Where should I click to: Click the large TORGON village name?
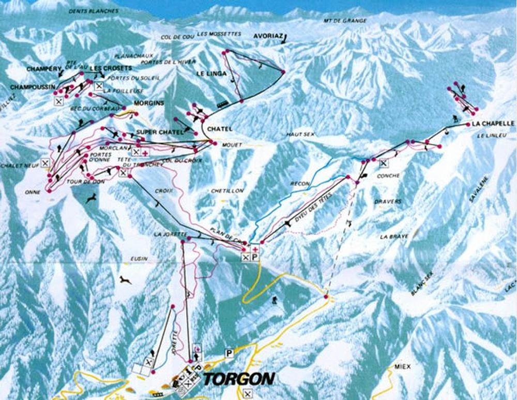coord(238,379)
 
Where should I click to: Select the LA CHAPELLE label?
coord(492,124)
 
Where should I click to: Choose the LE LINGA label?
coord(211,74)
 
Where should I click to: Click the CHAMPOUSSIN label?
coord(32,86)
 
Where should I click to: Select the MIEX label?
coord(402,366)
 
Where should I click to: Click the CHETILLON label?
coord(227,191)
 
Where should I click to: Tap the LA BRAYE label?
coord(393,236)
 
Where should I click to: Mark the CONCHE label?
coord(388,176)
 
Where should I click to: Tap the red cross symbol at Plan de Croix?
coord(254,249)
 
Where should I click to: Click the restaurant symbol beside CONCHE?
coord(383,164)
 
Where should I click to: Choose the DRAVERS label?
coord(390,201)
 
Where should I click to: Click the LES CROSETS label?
coord(111,68)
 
